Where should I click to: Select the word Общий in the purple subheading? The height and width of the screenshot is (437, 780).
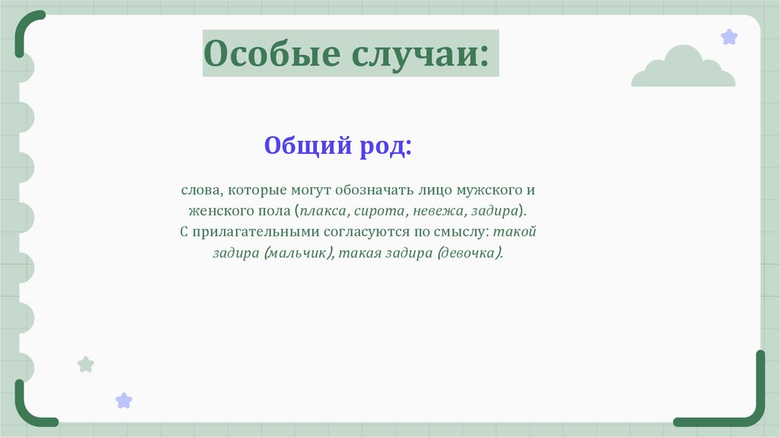(x=306, y=145)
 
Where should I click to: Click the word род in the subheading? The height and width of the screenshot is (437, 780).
(x=384, y=145)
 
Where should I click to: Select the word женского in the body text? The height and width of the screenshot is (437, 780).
(x=213, y=209)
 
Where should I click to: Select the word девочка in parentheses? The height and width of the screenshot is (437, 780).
(x=469, y=252)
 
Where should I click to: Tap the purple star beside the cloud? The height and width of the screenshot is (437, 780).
(x=729, y=37)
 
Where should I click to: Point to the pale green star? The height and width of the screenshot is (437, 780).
(x=86, y=365)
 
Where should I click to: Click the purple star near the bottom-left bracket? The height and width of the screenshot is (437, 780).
(x=123, y=400)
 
